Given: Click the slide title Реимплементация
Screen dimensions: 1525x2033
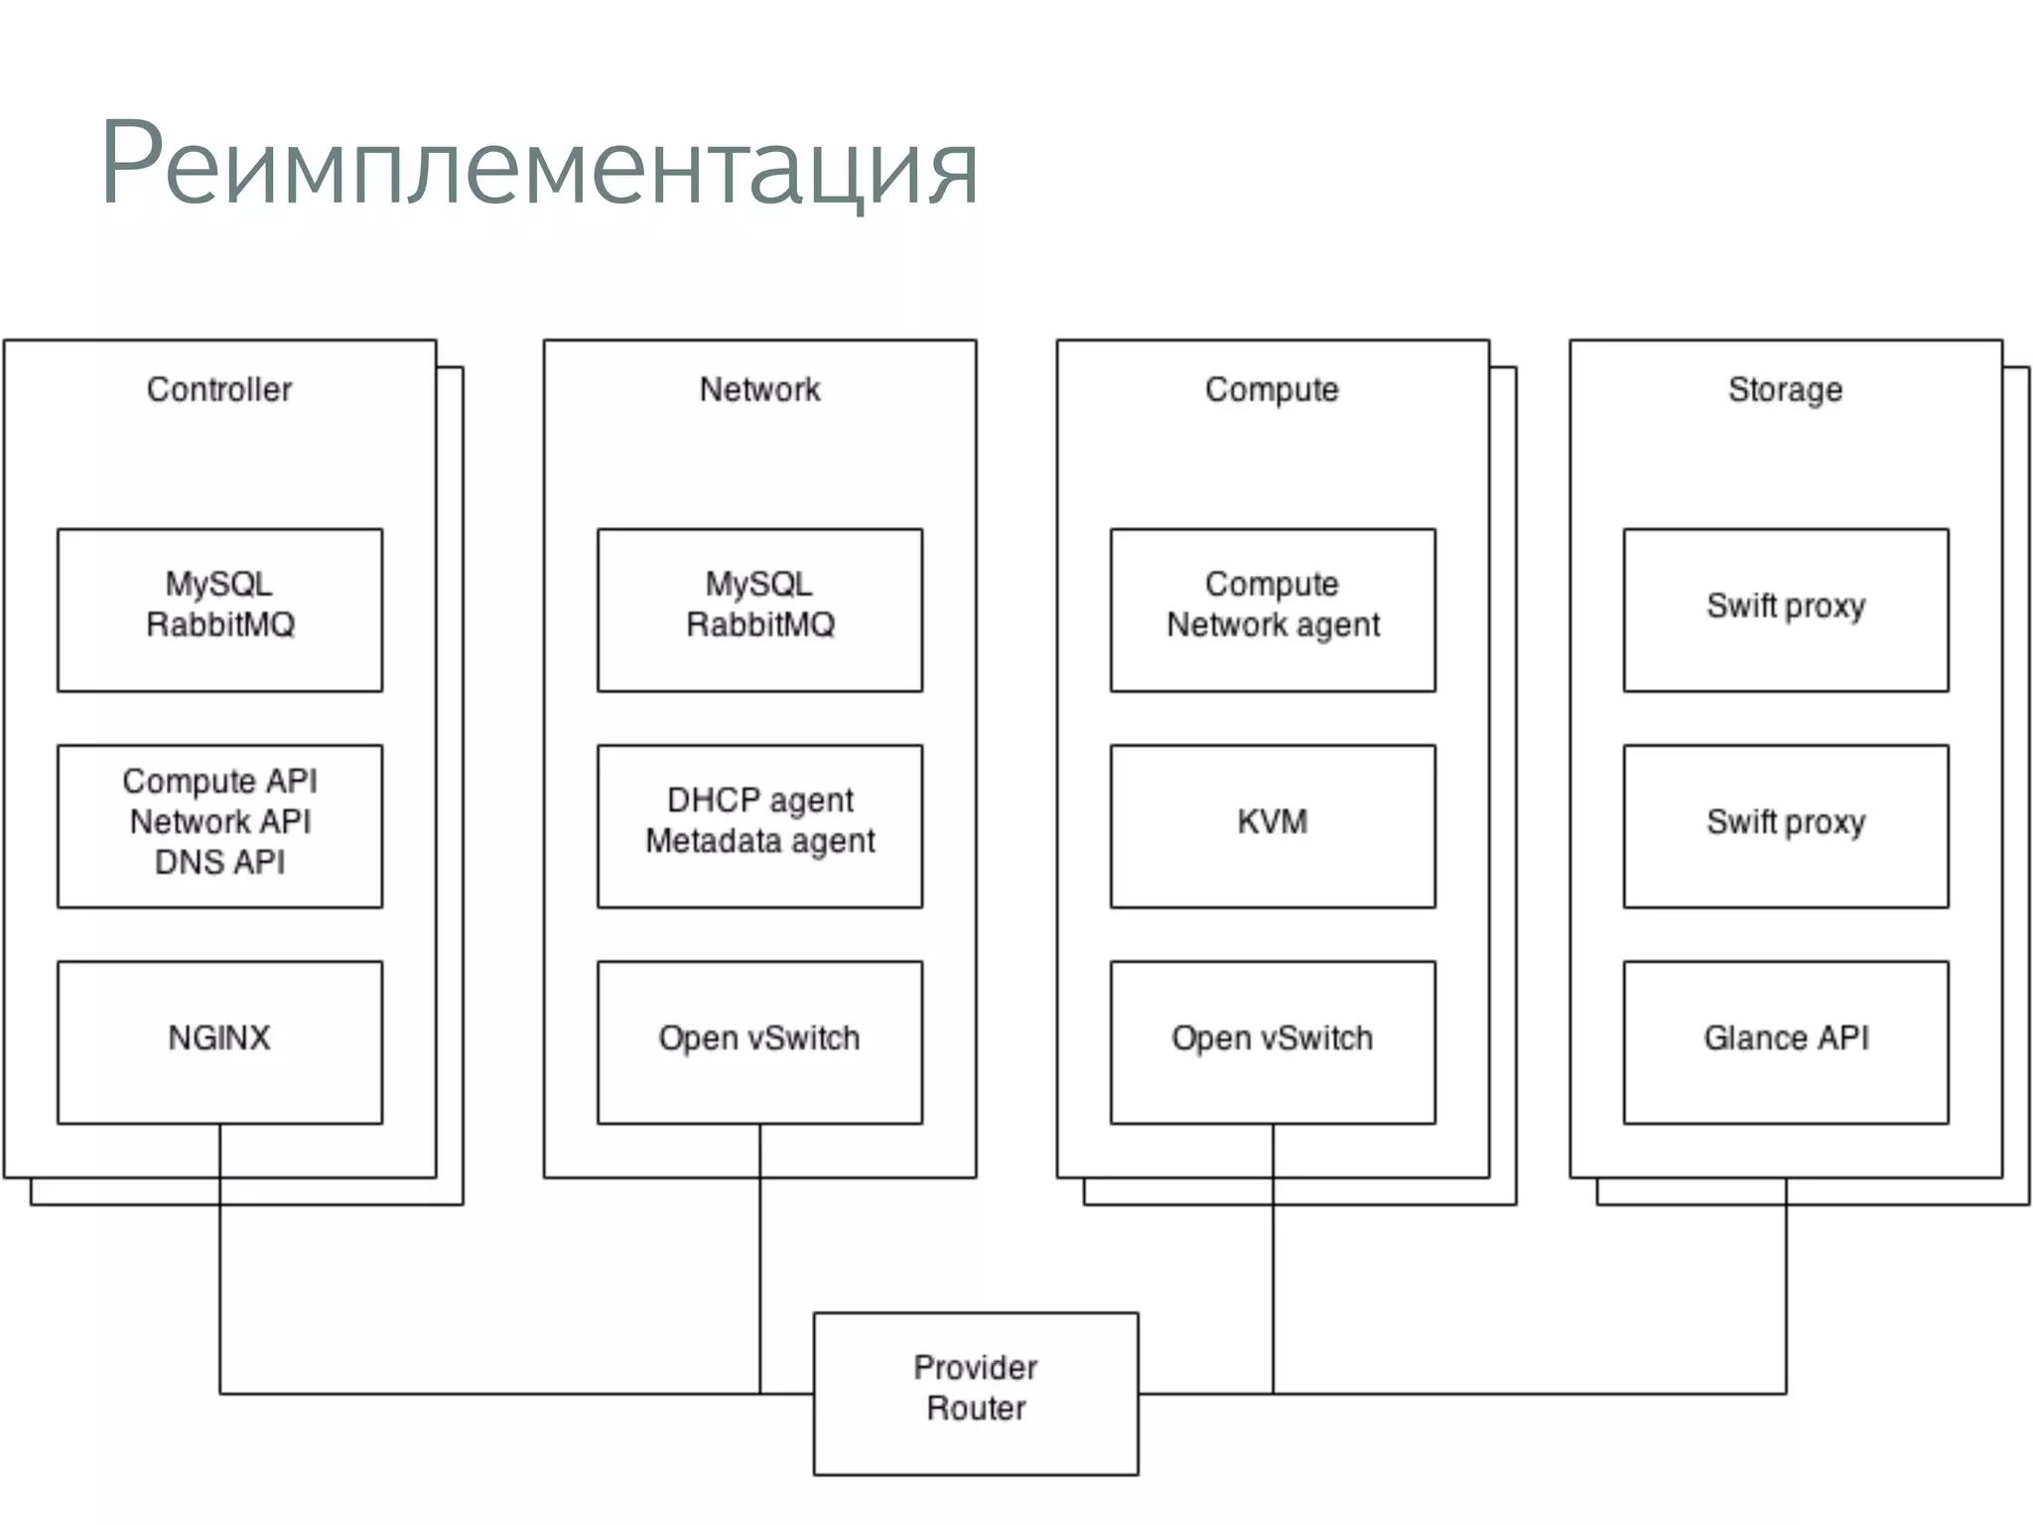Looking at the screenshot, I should (539, 165).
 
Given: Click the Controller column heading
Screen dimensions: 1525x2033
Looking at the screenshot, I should (219, 389).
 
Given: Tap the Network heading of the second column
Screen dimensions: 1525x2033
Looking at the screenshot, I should (759, 389).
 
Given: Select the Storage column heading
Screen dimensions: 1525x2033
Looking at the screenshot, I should (1785, 389).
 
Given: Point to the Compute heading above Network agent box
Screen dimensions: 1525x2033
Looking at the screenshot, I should (1272, 389).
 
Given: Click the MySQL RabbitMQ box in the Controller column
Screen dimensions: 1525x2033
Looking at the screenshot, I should (219, 610).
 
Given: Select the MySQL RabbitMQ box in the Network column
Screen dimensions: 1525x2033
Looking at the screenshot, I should (759, 610).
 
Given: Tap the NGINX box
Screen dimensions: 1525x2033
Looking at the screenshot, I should (219, 1041).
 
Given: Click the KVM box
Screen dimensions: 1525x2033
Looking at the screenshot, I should (1273, 825).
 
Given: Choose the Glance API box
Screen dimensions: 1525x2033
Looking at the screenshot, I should (1786, 1041).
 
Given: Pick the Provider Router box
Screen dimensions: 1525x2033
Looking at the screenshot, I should (976, 1393).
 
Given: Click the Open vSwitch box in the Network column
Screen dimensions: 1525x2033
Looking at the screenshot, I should (759, 1041).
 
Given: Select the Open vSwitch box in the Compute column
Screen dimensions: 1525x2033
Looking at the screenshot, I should (1273, 1041).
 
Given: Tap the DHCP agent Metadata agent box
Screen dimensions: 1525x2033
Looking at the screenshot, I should (759, 825).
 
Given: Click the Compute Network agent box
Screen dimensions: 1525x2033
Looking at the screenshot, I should (1273, 610).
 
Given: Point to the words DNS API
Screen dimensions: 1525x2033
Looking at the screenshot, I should (219, 862).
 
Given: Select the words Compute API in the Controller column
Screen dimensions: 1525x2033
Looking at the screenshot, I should (219, 781).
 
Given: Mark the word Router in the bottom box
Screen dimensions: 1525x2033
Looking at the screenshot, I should (976, 1408).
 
